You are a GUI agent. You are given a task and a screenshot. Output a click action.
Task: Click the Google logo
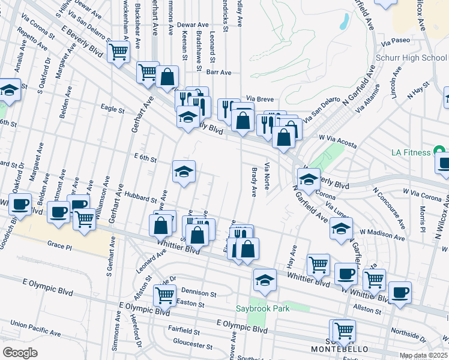[20, 353]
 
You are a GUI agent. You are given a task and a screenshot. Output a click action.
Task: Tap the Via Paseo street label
[394, 42]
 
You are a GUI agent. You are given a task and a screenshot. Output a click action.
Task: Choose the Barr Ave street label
[218, 72]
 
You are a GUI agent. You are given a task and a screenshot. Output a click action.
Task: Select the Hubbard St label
[139, 194]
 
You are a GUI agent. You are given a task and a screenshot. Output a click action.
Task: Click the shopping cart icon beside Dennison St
[164, 294]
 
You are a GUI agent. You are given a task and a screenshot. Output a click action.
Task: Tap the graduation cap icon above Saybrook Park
[265, 279]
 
